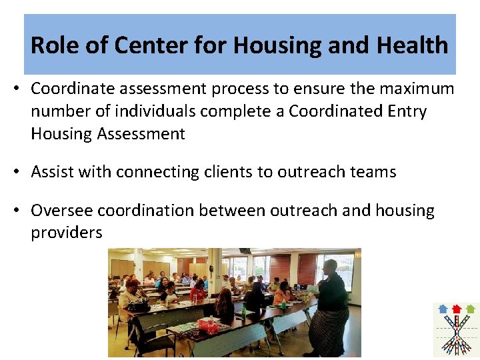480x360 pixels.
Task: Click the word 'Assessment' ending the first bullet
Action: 141,134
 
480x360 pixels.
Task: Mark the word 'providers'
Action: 67,233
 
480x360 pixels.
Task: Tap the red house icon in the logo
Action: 457,309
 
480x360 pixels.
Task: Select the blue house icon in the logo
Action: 443,309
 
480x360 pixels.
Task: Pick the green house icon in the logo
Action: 471,309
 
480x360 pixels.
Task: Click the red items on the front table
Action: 208,325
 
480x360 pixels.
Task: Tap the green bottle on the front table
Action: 243,311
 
